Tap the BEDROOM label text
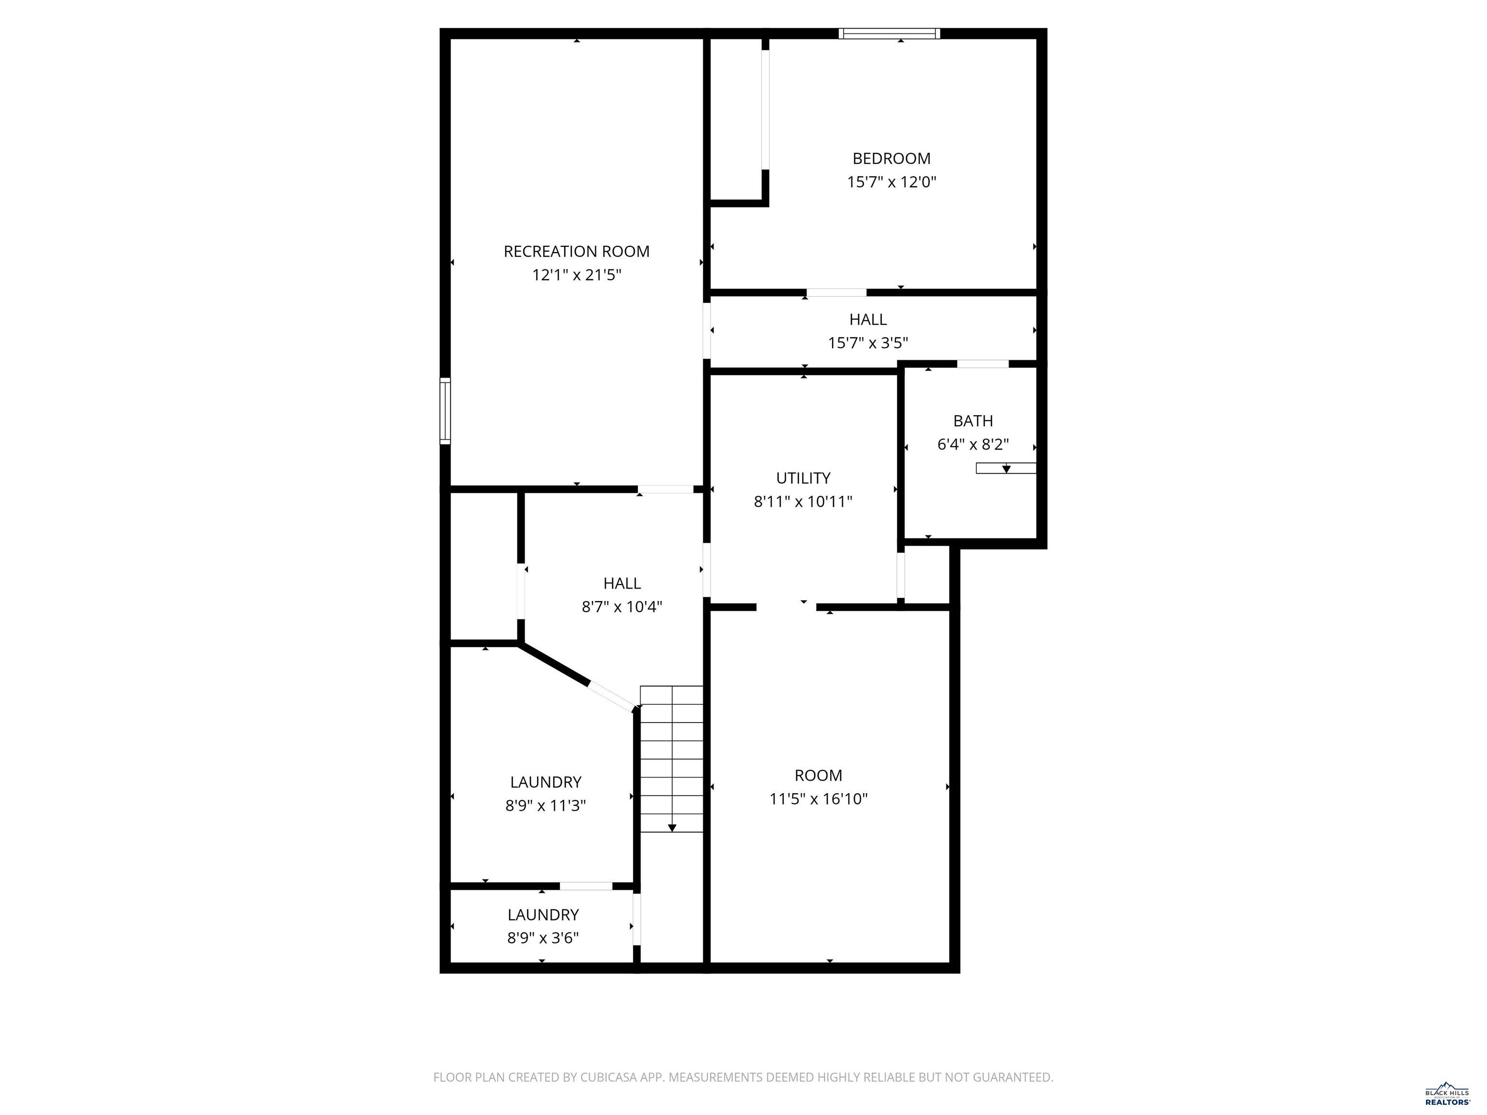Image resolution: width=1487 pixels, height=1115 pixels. (892, 159)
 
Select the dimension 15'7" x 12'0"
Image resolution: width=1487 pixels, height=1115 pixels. (892, 182)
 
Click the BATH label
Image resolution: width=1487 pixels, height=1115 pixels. (973, 421)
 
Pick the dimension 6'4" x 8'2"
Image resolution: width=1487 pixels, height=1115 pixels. (973, 444)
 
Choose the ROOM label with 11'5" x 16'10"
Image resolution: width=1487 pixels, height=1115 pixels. (818, 776)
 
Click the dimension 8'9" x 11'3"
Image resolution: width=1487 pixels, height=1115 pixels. (545, 805)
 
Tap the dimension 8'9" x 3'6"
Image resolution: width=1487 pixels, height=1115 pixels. (543, 937)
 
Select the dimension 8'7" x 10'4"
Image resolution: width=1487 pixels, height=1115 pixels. (622, 607)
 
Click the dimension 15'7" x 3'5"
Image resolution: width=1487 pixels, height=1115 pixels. (867, 343)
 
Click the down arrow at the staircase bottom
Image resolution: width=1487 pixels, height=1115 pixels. (671, 828)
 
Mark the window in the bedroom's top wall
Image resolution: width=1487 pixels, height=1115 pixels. (889, 33)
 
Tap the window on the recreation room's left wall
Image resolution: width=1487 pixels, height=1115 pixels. (445, 411)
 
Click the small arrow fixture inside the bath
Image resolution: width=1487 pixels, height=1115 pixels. (1006, 468)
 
